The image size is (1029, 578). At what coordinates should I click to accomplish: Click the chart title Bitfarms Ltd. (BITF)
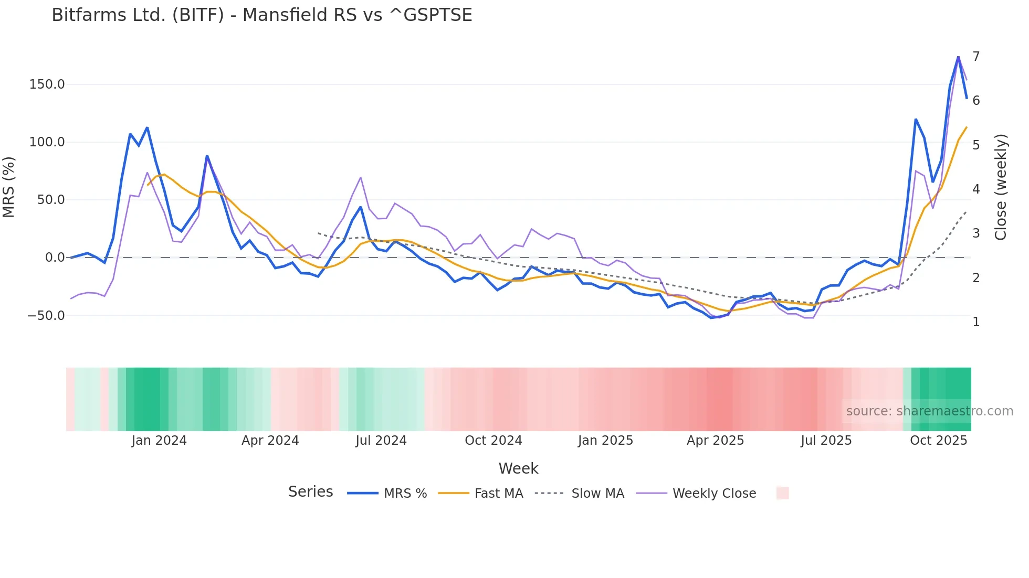pyautogui.click(x=261, y=15)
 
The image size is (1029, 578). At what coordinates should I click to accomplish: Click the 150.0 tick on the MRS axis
pyautogui.click(x=47, y=84)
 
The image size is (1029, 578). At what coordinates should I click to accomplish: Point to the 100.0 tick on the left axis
pyautogui.click(x=47, y=142)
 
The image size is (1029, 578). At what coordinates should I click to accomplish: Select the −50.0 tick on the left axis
pyautogui.click(x=46, y=316)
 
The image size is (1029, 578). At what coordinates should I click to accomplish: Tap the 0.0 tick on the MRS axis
pyautogui.click(x=55, y=258)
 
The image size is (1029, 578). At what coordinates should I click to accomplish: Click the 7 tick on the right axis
pyautogui.click(x=976, y=57)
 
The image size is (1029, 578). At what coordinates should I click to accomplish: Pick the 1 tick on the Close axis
pyautogui.click(x=976, y=322)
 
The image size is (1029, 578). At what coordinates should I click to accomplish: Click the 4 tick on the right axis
pyautogui.click(x=976, y=189)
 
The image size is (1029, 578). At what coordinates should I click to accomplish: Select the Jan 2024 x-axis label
pyautogui.click(x=159, y=441)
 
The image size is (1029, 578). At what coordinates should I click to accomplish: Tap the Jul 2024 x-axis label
pyautogui.click(x=381, y=441)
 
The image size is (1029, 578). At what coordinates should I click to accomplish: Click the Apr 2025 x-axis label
pyautogui.click(x=715, y=441)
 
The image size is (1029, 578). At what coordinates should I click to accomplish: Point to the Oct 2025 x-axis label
pyautogui.click(x=938, y=441)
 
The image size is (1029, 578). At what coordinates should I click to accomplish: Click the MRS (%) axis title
pyautogui.click(x=9, y=187)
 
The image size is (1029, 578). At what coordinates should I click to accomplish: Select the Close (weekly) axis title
pyautogui.click(x=1001, y=187)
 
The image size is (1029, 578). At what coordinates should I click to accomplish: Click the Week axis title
pyautogui.click(x=518, y=468)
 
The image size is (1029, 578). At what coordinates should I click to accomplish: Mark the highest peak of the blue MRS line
pyautogui.click(x=958, y=57)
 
